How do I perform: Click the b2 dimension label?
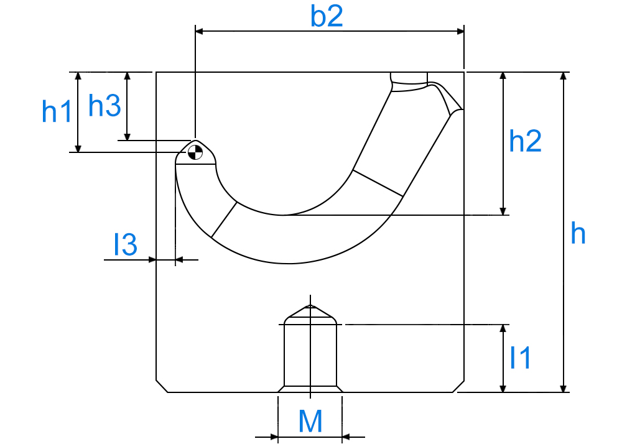click(327, 17)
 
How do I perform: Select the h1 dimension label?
click(57, 111)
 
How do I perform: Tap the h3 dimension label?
click(104, 106)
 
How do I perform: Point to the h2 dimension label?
click(525, 141)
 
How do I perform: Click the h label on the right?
click(578, 233)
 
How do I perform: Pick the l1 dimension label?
click(520, 358)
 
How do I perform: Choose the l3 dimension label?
click(126, 244)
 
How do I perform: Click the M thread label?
click(310, 422)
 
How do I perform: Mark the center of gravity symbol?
click(195, 152)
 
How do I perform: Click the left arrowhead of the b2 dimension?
click(199, 31)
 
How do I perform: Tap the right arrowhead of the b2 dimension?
click(460, 31)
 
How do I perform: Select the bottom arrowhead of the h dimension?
click(563, 389)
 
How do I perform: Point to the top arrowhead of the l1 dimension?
click(503, 328)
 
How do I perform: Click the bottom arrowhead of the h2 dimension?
click(503, 211)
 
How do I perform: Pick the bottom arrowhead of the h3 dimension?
click(128, 137)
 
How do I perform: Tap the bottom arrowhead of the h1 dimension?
click(78, 148)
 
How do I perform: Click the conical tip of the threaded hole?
click(310, 305)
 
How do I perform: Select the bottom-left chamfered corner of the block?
click(162, 386)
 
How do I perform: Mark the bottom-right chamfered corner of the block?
click(458, 386)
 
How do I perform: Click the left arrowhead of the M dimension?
click(274, 437)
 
